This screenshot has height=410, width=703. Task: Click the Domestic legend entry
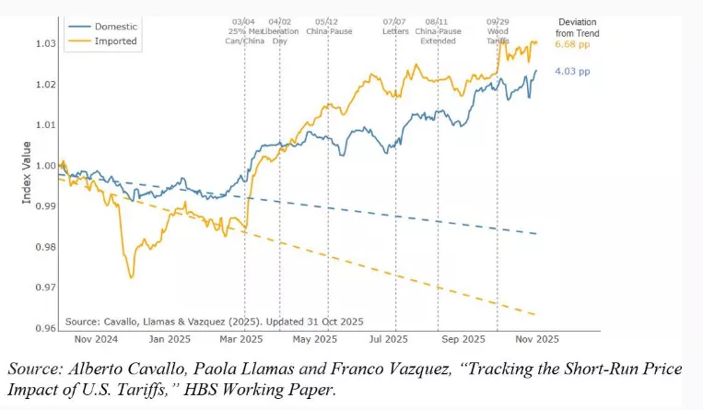102,27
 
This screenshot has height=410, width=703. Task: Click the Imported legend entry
102,42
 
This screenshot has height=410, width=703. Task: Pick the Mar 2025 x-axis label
244,339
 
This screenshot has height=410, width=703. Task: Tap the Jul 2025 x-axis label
395,339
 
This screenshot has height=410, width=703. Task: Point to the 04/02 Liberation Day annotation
278,30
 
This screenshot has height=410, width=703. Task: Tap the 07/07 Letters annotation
395,25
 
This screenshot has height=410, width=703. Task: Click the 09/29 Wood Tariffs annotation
498,30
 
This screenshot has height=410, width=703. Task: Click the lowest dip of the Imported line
131,276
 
